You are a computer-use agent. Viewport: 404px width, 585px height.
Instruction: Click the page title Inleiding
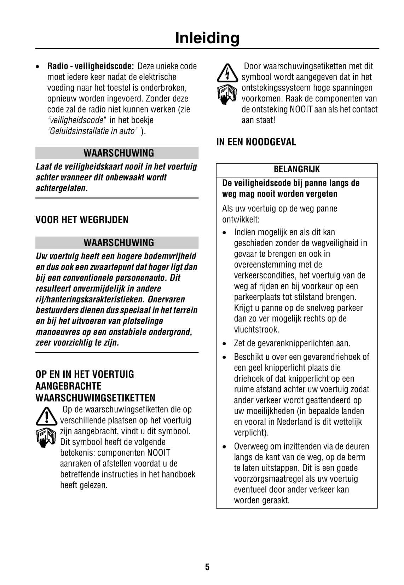(x=207, y=38)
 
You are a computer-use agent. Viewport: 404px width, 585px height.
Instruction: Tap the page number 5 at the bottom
(x=207, y=567)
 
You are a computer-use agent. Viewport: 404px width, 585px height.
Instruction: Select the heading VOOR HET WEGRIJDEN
(x=82, y=220)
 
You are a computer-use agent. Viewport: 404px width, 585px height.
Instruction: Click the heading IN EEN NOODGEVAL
(x=256, y=142)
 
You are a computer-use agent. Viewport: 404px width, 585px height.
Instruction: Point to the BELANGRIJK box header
(x=296, y=169)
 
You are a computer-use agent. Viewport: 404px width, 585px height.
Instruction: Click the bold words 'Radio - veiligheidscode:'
(x=91, y=66)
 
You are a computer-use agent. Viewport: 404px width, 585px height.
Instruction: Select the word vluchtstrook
(x=256, y=329)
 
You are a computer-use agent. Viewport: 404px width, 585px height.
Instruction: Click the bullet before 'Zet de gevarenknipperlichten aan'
(x=225, y=343)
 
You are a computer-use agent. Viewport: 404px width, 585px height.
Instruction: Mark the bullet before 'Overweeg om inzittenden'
(x=225, y=447)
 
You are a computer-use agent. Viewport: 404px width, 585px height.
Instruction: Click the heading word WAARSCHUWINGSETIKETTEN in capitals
(x=96, y=398)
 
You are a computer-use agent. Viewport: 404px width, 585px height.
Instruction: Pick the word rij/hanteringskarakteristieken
(x=90, y=299)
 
